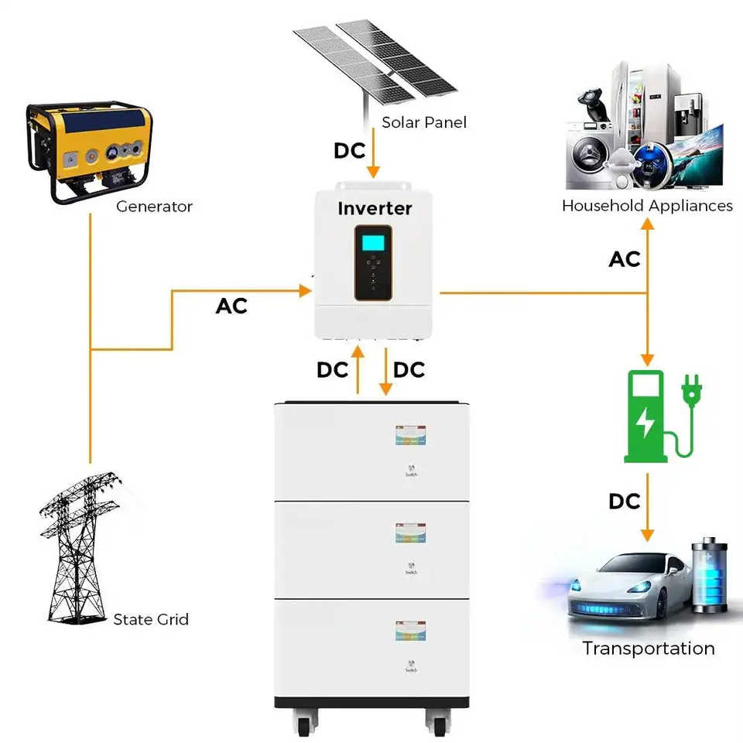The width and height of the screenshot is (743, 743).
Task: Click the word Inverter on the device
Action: [x=375, y=208]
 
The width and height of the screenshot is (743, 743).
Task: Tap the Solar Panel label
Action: [x=424, y=122]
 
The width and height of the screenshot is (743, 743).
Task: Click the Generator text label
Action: [x=154, y=207]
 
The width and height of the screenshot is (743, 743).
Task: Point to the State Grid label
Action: [x=151, y=619]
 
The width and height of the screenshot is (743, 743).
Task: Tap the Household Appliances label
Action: [x=647, y=206]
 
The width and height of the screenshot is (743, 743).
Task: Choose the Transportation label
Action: [x=649, y=649]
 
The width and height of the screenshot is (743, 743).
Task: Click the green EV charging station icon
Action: [x=647, y=416]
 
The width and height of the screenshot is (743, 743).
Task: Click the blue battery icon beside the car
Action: [x=709, y=577]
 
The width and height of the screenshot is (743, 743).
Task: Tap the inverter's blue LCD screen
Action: [x=374, y=241]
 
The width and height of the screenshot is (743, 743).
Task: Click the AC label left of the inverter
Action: [x=231, y=306]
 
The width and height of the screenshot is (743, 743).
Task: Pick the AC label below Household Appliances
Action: [x=625, y=259]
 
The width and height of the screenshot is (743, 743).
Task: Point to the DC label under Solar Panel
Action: [x=349, y=151]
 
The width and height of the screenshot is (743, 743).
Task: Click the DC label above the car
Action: [x=625, y=502]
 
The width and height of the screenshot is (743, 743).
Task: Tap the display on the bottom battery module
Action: [x=411, y=630]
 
